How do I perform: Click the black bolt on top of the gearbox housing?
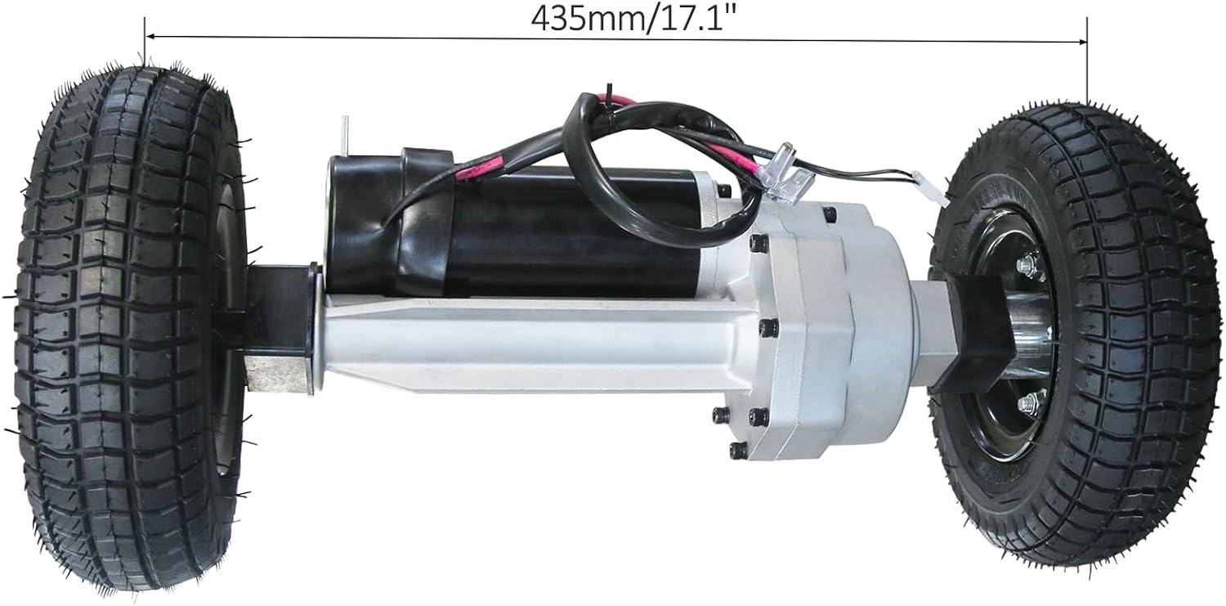830,214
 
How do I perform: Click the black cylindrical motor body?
572,237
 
